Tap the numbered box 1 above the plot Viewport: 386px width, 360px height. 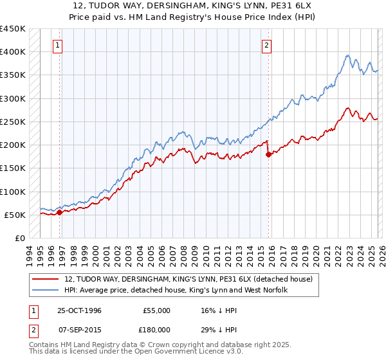pos(58,45)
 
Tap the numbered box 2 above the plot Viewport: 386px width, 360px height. pos(266,45)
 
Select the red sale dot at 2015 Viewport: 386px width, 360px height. pos(268,154)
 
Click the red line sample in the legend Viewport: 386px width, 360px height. pos(46,279)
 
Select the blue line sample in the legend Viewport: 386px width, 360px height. pos(46,290)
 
